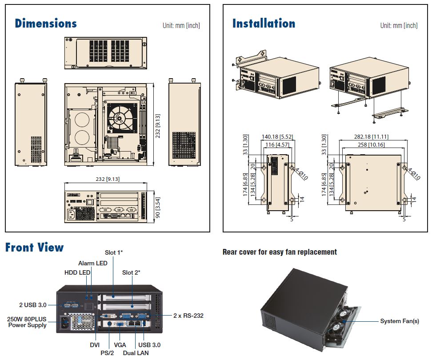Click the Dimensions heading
(46, 24)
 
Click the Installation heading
(264, 24)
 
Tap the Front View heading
(35, 248)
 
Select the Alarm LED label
(92, 263)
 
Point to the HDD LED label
(78, 272)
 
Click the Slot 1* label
(114, 252)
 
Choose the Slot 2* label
(131, 272)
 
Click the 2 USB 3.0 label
(33, 304)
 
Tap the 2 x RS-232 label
(188, 316)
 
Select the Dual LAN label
(136, 353)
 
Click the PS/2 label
(108, 353)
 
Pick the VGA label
(120, 345)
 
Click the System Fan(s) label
(399, 321)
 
